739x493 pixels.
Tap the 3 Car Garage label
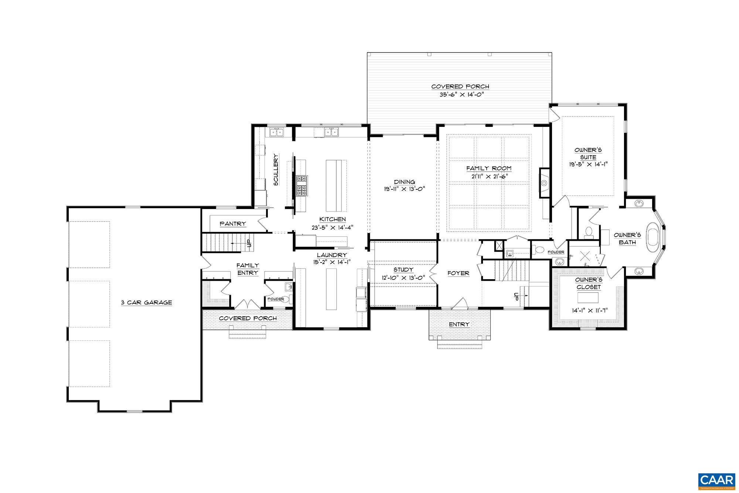point(147,303)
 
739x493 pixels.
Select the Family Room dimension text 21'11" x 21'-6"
point(489,176)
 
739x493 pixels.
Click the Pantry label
point(233,224)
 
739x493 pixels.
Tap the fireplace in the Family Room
point(544,182)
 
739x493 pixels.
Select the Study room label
point(403,270)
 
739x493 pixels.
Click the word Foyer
point(458,273)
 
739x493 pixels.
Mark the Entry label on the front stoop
point(459,324)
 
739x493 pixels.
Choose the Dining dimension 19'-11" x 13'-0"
point(404,189)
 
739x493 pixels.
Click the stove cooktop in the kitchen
point(302,186)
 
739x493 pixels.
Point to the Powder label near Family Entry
point(276,299)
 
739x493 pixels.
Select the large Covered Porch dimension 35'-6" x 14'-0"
point(460,94)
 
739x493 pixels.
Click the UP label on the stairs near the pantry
point(249,243)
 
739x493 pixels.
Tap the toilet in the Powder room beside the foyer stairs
point(540,250)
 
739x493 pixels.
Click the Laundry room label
point(332,255)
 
